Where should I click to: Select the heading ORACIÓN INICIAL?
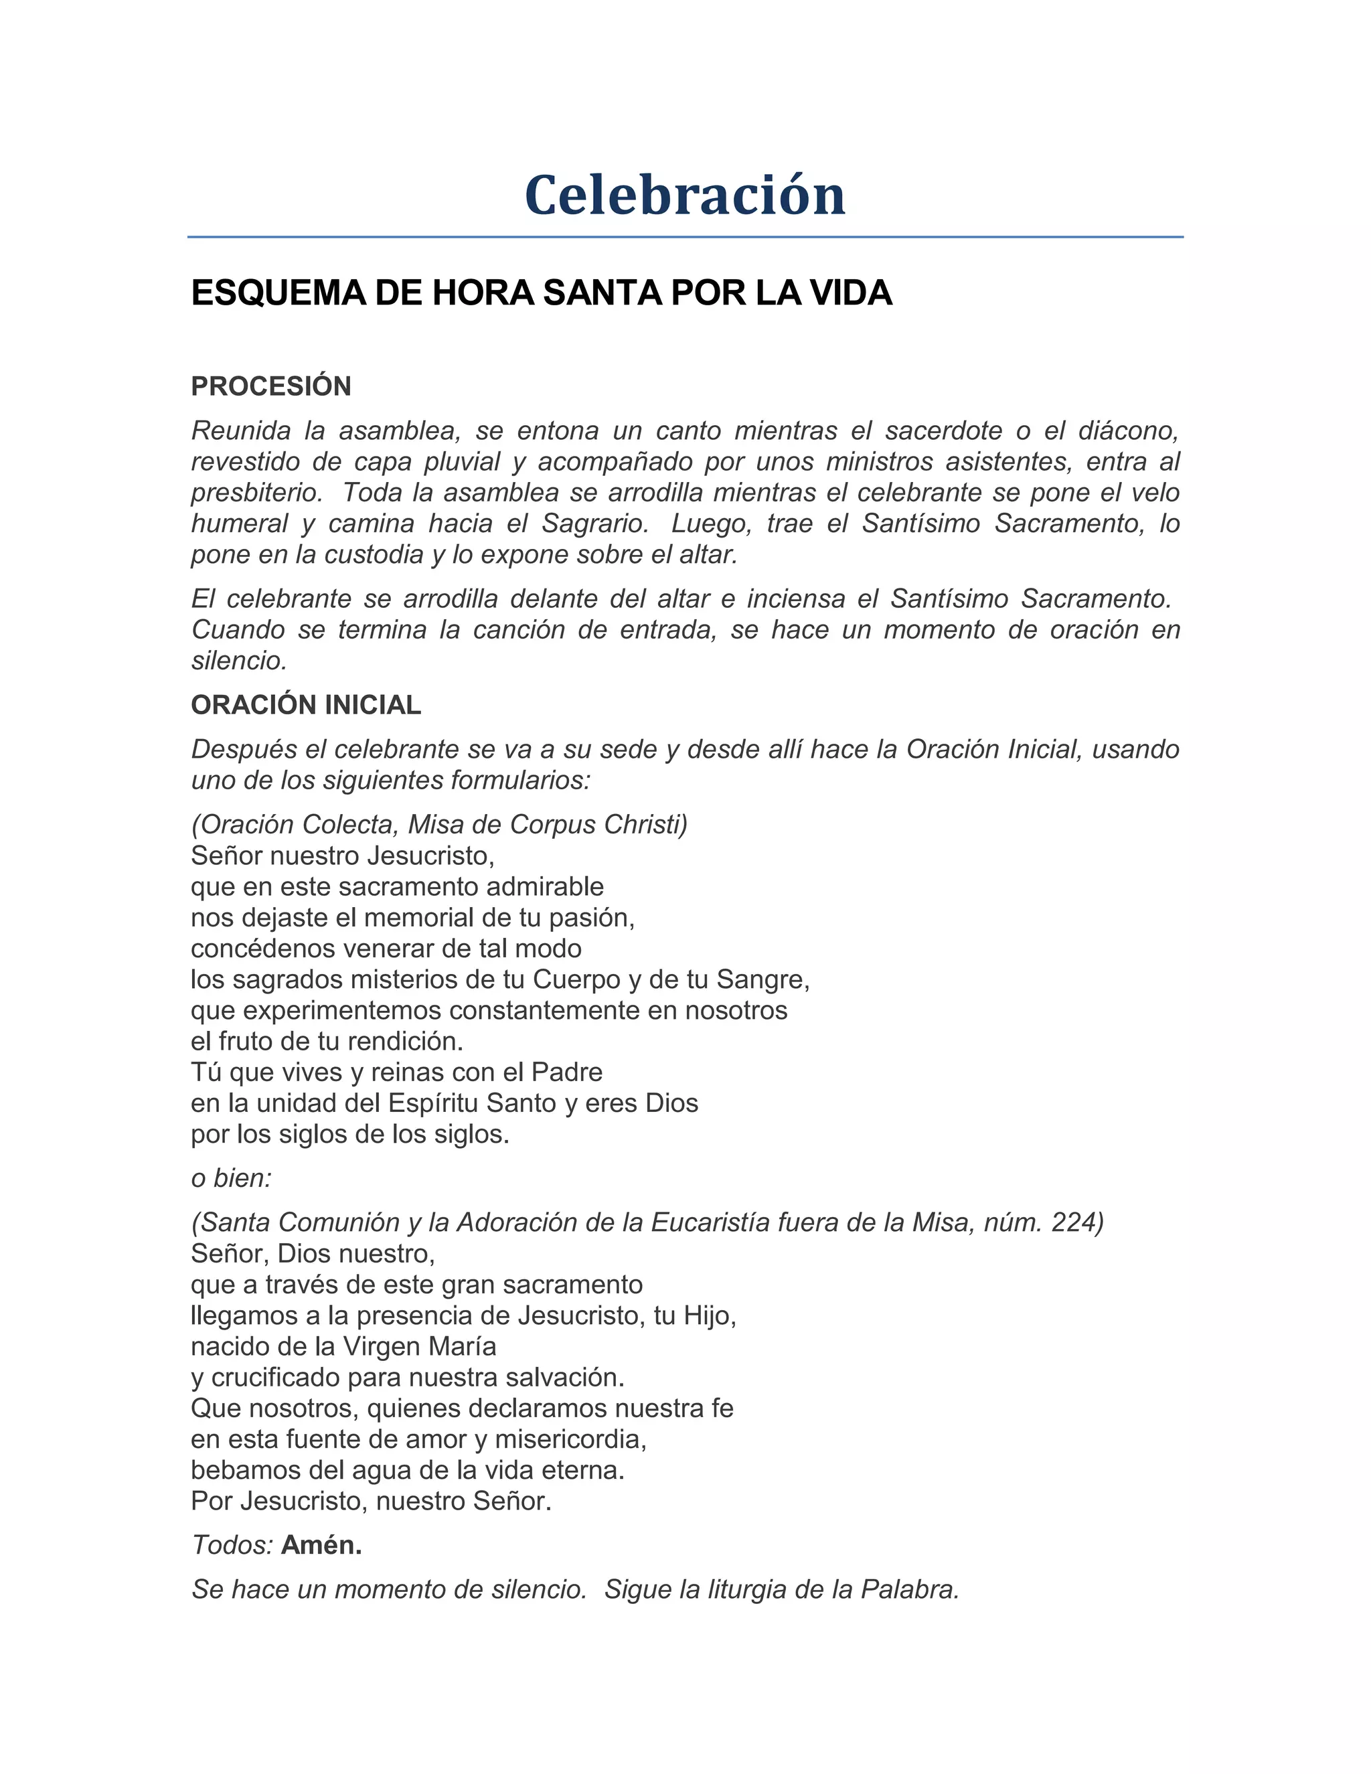point(305,705)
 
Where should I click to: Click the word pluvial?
point(453,461)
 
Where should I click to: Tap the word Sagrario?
point(594,524)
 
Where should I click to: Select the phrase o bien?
point(232,1179)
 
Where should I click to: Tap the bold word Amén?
point(321,1546)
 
